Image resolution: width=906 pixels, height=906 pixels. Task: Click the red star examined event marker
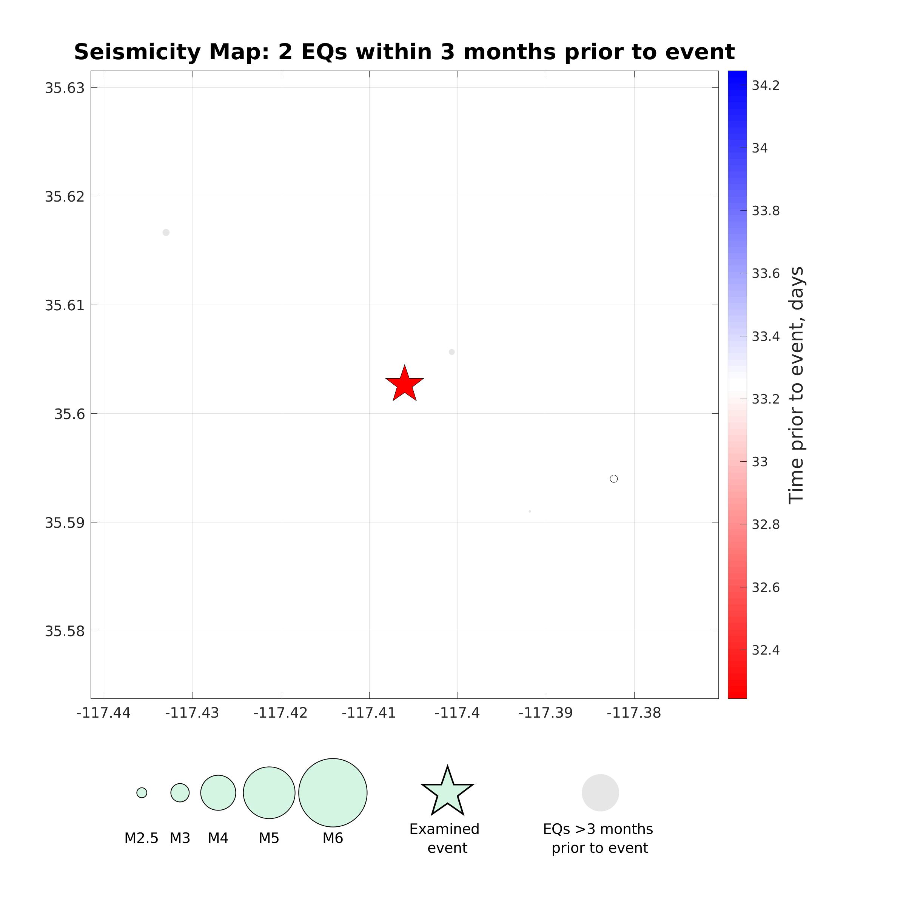(x=404, y=384)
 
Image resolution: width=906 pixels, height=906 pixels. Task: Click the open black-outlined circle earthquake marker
(x=613, y=479)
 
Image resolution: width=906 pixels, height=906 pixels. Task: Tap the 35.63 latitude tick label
(x=65, y=88)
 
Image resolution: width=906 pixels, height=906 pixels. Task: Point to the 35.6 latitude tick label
(x=69, y=414)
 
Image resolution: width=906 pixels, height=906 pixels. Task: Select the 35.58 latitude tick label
(x=65, y=631)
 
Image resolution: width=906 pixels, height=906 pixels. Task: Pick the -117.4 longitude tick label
(x=457, y=713)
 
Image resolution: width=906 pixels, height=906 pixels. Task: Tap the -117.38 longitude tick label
(x=634, y=713)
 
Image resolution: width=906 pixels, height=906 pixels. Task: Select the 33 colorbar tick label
(x=760, y=462)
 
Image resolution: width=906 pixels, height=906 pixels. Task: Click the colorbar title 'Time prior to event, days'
(x=796, y=385)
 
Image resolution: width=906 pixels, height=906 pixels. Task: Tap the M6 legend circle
(x=333, y=792)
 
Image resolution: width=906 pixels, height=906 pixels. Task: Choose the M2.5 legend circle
(x=142, y=792)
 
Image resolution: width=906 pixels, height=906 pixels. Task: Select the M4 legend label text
(x=218, y=838)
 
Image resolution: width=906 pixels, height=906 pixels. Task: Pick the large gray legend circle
(x=600, y=792)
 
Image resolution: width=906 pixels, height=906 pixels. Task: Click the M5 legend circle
(x=269, y=792)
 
